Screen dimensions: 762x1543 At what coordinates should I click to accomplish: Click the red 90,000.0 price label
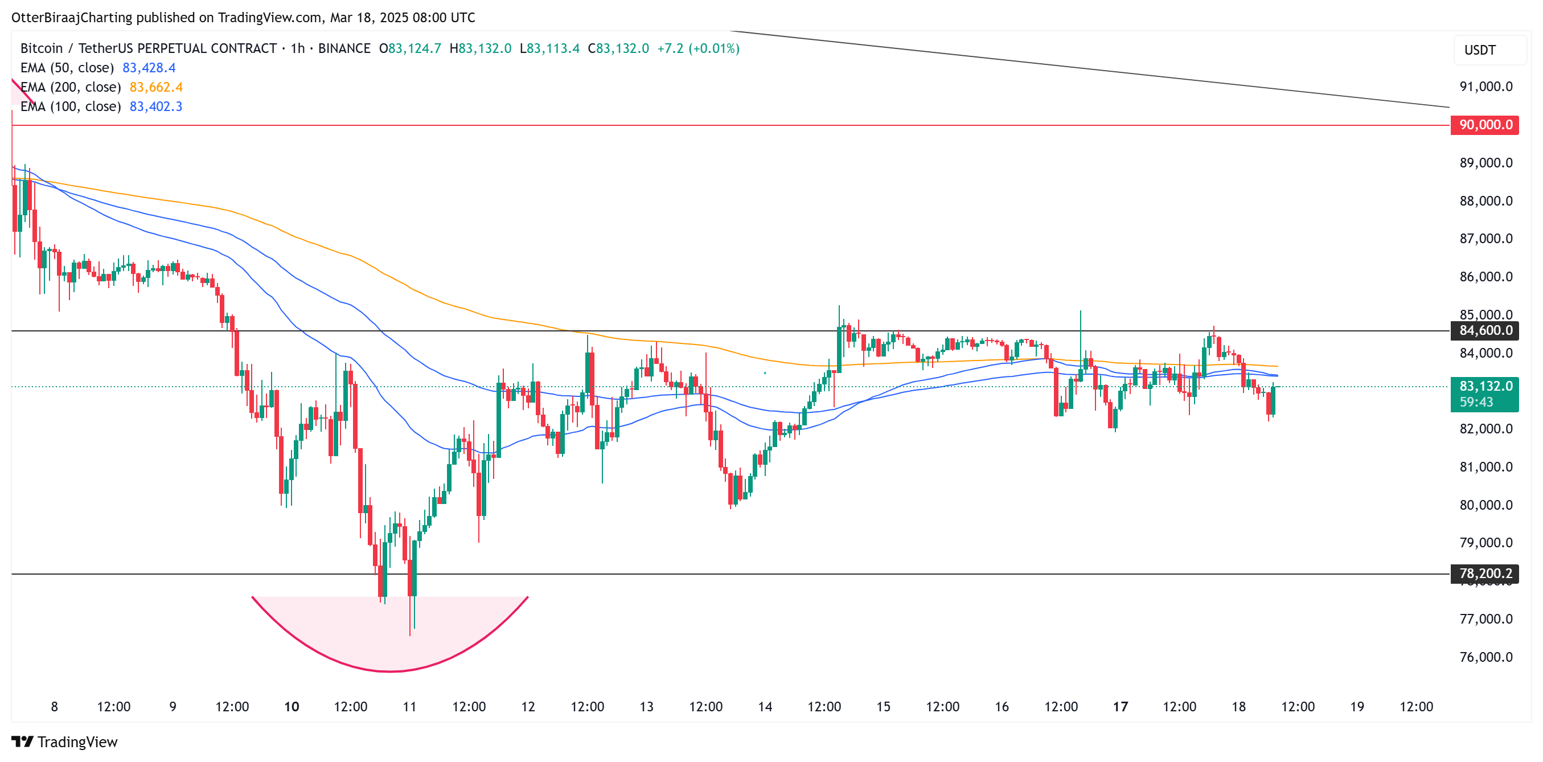coord(1484,125)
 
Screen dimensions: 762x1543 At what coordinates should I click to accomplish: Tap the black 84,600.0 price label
coord(1484,331)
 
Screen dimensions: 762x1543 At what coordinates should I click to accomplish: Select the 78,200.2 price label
coord(1484,574)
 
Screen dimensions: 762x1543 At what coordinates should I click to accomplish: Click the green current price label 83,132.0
coord(1484,386)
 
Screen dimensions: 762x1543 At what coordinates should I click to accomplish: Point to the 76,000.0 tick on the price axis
coord(1485,657)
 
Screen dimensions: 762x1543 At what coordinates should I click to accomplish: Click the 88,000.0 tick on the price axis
coord(1485,201)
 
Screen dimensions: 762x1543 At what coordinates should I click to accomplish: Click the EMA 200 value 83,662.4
coord(156,88)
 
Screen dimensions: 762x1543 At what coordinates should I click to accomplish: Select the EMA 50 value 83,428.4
coord(149,68)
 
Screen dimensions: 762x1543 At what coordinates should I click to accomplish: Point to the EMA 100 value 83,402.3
coord(156,106)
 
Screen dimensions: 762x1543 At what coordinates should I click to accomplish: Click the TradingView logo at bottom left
coord(65,742)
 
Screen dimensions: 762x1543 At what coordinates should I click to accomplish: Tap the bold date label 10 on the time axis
coord(292,707)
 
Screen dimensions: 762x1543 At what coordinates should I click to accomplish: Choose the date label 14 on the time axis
coord(765,707)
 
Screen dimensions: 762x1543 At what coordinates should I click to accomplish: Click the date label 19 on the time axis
coord(1357,707)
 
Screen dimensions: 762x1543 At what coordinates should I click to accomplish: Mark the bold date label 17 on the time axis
coord(1120,707)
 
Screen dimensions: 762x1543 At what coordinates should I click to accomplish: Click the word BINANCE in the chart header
coord(344,48)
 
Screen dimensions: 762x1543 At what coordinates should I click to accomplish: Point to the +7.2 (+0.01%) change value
coord(698,48)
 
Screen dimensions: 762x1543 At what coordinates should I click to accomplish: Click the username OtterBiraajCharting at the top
coord(72,18)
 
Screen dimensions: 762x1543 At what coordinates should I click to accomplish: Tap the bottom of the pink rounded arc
coord(390,671)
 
